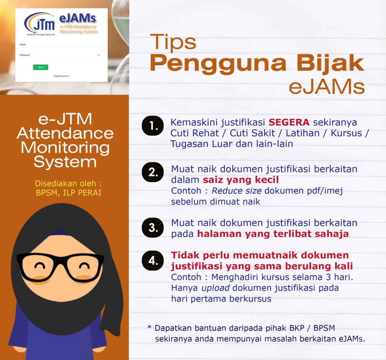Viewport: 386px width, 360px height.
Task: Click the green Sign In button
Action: click(41, 67)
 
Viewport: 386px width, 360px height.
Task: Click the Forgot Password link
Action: click(61, 76)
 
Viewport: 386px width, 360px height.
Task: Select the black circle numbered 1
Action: click(153, 126)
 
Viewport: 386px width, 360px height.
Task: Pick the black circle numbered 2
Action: click(153, 172)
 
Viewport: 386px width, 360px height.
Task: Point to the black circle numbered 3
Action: click(153, 228)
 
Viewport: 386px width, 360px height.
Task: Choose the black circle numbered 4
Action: click(153, 260)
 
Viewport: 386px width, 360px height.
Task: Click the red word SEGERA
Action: click(289, 122)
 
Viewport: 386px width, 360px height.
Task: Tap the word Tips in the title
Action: click(173, 42)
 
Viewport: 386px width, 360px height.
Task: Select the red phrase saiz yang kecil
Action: click(241, 180)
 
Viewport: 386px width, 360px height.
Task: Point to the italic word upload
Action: click(215, 288)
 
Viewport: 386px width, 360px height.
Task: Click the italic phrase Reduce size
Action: click(237, 191)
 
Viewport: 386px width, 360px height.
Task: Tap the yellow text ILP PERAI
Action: click(82, 193)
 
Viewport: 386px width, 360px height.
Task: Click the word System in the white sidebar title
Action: click(65, 162)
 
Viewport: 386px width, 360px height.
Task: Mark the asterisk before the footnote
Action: click(149, 327)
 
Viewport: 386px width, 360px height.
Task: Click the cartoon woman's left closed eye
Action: click(40, 266)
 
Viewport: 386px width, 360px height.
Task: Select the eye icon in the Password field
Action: click(98, 55)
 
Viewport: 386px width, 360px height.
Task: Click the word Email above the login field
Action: click(23, 44)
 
